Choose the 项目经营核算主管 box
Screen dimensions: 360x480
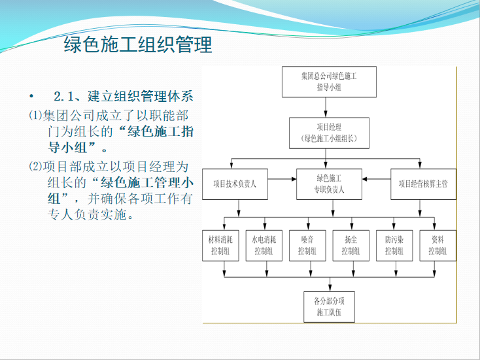point(422,184)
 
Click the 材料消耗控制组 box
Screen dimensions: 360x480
point(220,245)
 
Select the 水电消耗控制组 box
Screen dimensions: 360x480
point(264,245)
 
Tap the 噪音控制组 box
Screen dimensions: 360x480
point(307,245)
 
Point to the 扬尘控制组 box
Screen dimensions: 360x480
point(350,245)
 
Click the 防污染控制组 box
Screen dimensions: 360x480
point(394,245)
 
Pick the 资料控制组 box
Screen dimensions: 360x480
point(437,245)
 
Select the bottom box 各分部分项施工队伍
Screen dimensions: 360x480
point(330,307)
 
